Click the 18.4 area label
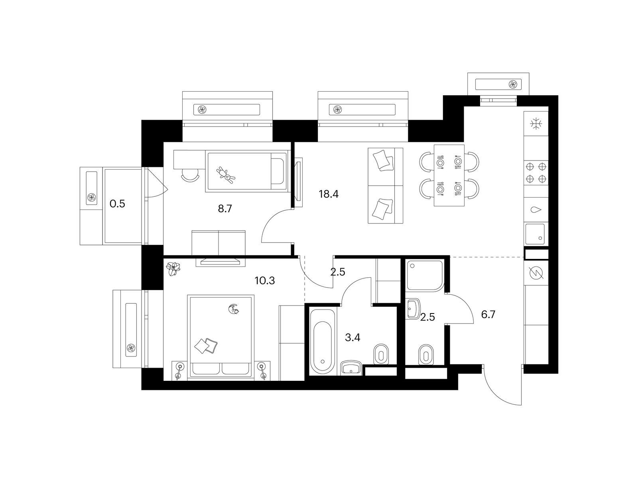pos(329,194)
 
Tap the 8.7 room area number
pos(225,209)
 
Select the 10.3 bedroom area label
pos(264,281)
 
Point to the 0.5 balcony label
pos(117,204)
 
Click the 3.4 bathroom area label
pos(352,337)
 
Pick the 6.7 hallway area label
pos(488,315)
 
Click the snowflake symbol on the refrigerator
pos(536,123)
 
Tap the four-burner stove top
pos(536,173)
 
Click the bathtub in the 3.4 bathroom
pos(323,342)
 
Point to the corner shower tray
pos(425,275)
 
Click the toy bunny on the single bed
pos(226,175)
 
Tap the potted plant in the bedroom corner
pos(173,269)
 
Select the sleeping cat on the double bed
pos(234,309)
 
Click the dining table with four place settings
pos(449,175)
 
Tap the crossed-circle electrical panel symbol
pos(536,273)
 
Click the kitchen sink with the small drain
pos(535,234)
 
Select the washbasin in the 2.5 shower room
pos(413,309)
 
